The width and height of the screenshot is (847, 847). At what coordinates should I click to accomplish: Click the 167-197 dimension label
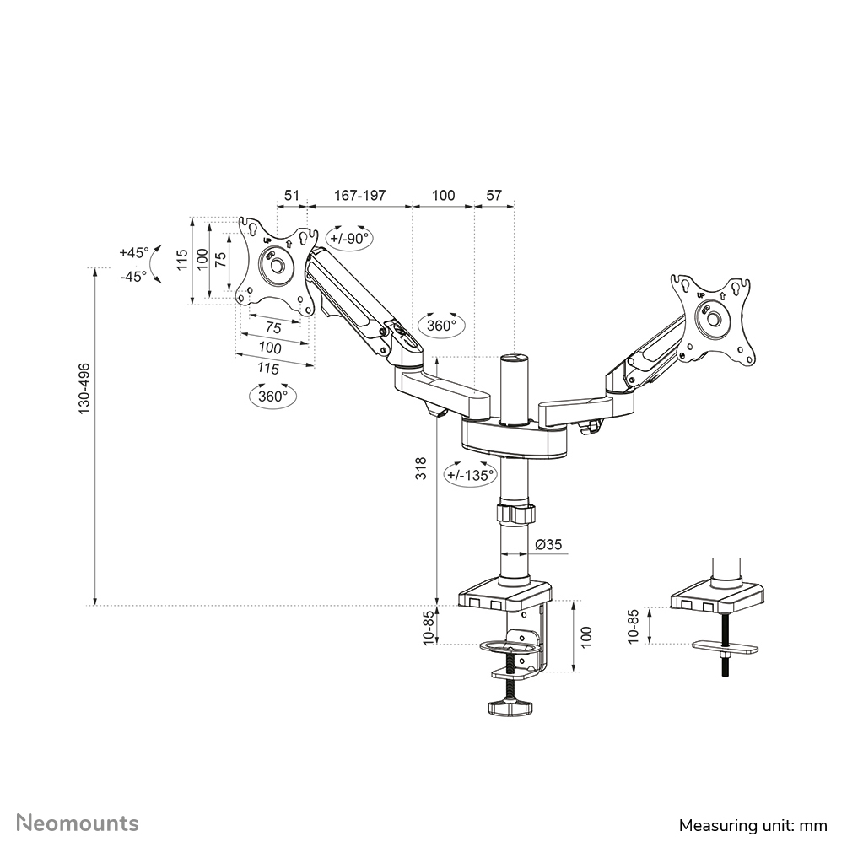click(x=359, y=195)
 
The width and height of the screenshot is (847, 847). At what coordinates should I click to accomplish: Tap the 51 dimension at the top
click(x=291, y=195)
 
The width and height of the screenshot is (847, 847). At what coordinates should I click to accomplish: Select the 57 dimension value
click(x=494, y=195)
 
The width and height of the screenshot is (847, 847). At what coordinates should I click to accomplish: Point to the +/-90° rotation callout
click(x=349, y=238)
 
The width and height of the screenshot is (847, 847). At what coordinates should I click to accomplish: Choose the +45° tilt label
click(x=133, y=252)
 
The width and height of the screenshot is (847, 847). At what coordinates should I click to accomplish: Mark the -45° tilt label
click(x=133, y=275)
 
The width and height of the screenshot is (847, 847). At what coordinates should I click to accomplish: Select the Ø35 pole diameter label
click(x=549, y=545)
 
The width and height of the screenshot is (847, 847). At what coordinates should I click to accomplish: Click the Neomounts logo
click(x=78, y=823)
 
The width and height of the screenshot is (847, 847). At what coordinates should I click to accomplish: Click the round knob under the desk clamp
click(x=510, y=708)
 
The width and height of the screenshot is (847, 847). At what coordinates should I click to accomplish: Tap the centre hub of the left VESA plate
click(x=275, y=265)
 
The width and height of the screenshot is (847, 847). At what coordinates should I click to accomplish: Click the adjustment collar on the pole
click(x=515, y=513)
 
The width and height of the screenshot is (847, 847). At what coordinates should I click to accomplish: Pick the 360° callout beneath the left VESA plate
click(x=272, y=395)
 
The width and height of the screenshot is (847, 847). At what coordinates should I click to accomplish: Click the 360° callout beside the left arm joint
click(x=441, y=325)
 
